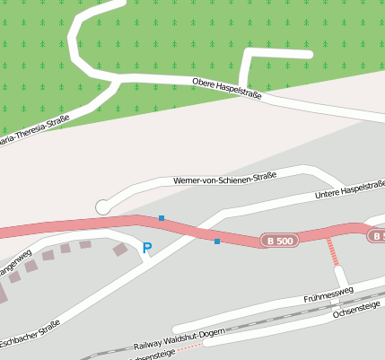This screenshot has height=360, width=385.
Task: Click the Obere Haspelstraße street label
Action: point(227,88)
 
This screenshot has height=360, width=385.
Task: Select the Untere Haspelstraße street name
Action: point(350,189)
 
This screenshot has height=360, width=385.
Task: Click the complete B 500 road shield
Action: point(279,241)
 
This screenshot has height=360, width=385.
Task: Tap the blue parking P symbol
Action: point(147,248)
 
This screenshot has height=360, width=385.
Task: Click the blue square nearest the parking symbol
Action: point(162,218)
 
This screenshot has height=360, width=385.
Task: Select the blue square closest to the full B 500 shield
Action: point(217,241)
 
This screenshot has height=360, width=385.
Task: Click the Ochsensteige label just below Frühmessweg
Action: point(356,309)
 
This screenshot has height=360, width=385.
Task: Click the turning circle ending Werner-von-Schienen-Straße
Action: point(103,207)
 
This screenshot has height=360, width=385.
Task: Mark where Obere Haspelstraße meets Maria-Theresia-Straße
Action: point(119,81)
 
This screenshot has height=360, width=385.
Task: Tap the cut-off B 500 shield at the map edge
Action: point(377,235)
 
